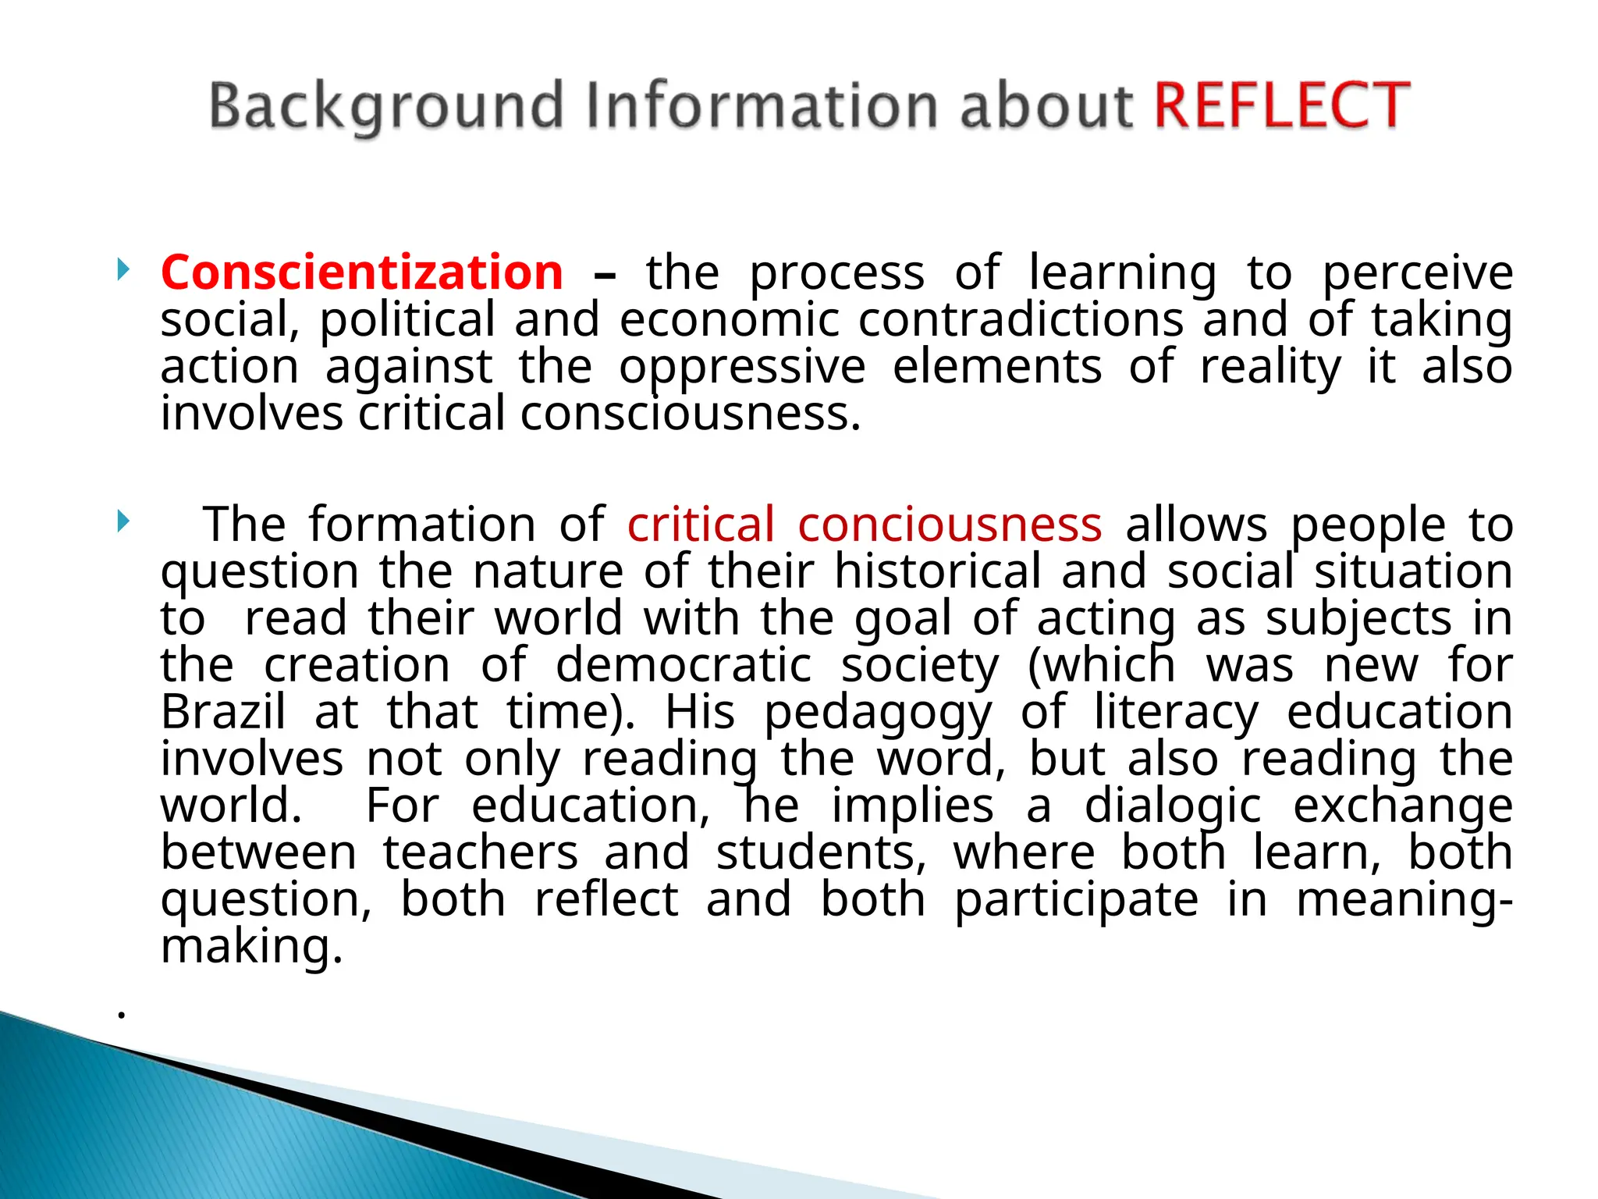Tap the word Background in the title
point(386,107)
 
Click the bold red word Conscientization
point(362,272)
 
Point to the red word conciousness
point(950,524)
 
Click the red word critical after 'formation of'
point(701,524)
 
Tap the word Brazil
point(223,712)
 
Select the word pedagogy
point(878,713)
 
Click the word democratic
point(684,665)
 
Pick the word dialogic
point(1172,807)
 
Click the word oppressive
point(742,368)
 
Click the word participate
point(1077,901)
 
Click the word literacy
point(1176,713)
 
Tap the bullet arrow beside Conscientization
point(123,270)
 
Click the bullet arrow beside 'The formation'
point(123,521)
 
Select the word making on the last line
point(251,948)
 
